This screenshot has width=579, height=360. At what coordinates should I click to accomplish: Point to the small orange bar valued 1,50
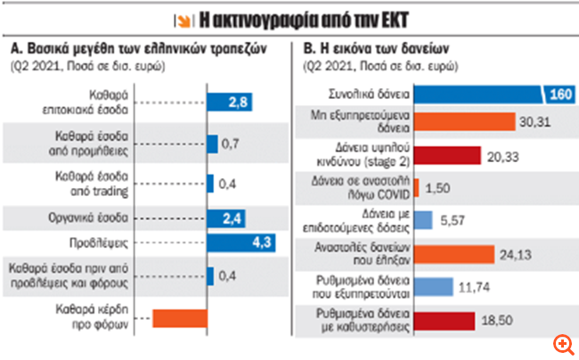(420, 187)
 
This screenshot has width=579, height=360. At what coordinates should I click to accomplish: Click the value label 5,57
(454, 219)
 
